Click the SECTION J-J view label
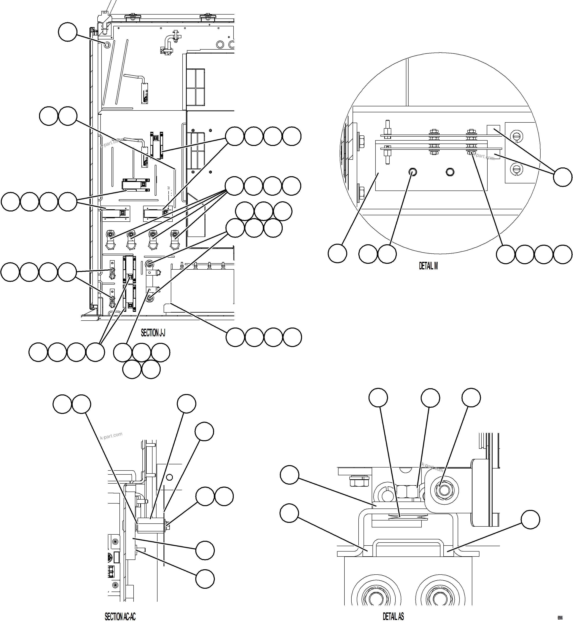[x=153, y=333]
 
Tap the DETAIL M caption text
[x=428, y=266]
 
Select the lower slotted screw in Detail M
[x=516, y=169]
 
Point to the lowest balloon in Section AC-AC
[x=205, y=579]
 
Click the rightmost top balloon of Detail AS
[x=471, y=397]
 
